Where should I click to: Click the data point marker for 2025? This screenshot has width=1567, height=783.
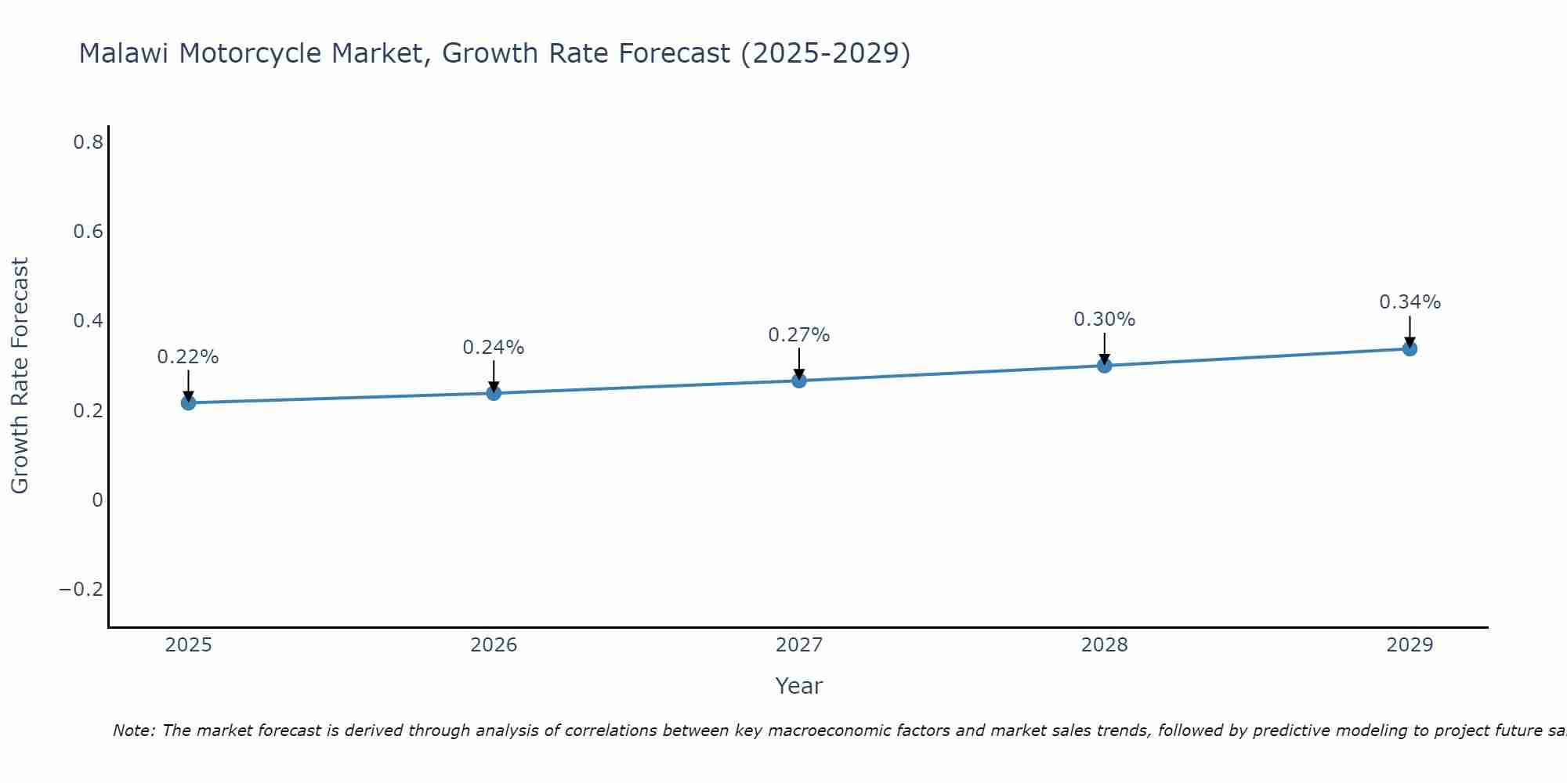coord(188,402)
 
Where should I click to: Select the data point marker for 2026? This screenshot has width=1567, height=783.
coord(494,392)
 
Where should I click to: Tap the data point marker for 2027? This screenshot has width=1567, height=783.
coord(799,381)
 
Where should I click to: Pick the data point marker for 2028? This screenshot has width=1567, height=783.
coord(1105,365)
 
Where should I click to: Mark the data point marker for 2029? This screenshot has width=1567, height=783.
coord(1410,348)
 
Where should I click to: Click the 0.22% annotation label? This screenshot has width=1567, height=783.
coord(188,357)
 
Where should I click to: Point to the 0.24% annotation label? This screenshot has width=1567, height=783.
coord(494,348)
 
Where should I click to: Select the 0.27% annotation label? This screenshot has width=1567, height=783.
coord(799,335)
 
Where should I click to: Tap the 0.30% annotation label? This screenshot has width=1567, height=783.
coord(1105,319)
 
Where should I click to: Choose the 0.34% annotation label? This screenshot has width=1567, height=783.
coord(1410,302)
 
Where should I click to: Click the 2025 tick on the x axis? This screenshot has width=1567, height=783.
coord(188,645)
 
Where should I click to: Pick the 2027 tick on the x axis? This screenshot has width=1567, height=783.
coord(799,645)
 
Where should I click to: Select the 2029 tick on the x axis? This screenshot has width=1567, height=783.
coord(1410,645)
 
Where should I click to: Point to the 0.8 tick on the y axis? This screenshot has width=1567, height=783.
coord(89,143)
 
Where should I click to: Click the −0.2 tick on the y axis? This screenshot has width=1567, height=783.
coord(81,590)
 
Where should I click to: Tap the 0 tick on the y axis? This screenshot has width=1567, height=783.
coord(97,500)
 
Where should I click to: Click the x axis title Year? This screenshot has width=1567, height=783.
coord(799,687)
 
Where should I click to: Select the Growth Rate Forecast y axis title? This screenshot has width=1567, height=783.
coord(20,376)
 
